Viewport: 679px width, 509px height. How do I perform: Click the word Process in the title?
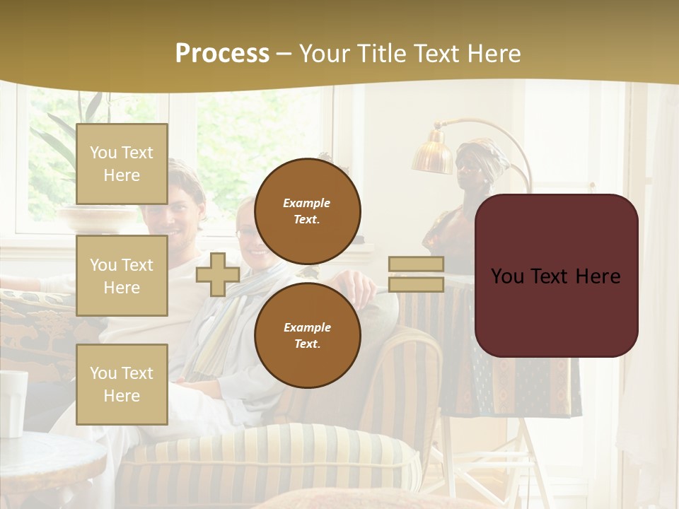point(222,54)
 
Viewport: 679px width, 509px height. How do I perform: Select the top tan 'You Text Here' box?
point(122,164)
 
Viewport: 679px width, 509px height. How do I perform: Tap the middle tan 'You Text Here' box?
point(122,276)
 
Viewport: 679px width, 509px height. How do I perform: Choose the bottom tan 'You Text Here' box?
point(122,384)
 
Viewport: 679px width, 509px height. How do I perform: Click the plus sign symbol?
point(218,275)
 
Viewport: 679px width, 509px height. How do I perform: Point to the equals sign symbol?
point(416,274)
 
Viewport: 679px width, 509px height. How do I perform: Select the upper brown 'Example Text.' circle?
point(307,211)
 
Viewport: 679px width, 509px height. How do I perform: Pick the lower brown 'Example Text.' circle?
point(307,335)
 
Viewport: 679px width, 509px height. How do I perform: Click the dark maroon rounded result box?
point(556,276)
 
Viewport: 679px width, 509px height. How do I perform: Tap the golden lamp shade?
point(432,154)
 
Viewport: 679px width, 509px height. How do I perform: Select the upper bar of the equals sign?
point(416,264)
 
